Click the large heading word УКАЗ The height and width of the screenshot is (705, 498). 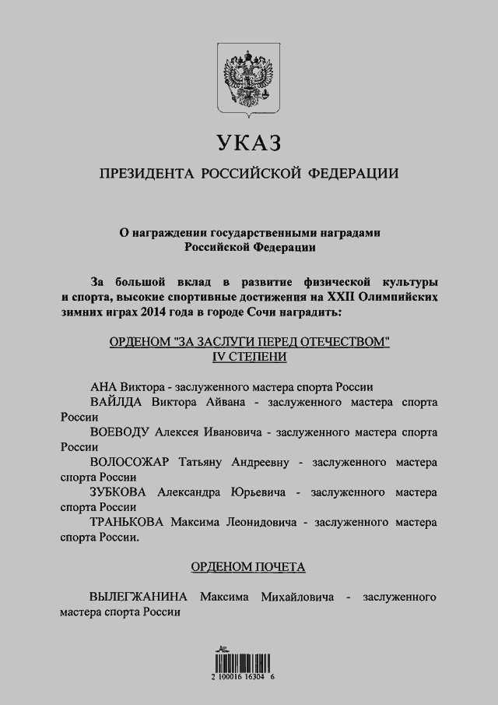248,143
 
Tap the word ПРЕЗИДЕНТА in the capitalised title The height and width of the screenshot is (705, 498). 146,173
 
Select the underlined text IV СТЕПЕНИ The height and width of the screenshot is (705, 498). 249,356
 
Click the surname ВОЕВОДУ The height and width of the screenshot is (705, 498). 121,432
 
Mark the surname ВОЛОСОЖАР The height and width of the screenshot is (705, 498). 130,462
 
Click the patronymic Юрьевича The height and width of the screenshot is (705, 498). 254,492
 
